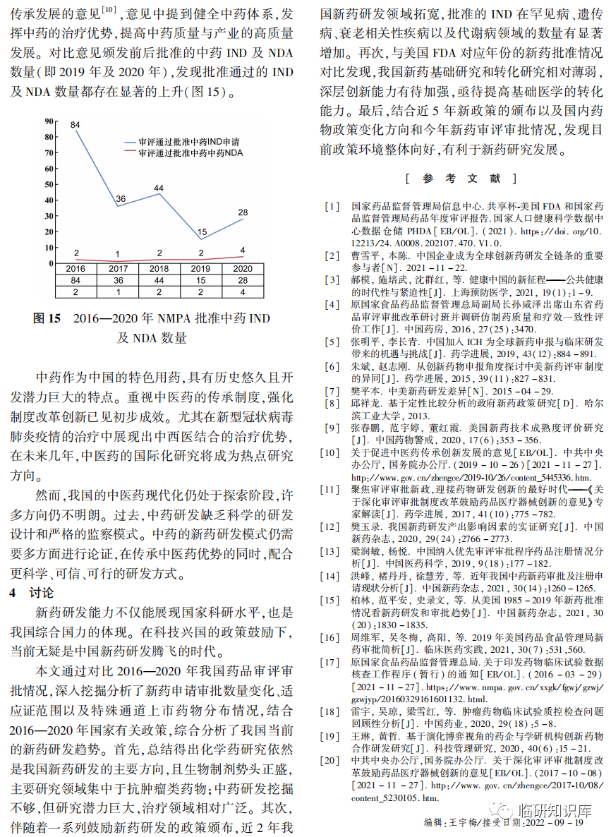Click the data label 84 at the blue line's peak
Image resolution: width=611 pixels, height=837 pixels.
pyautogui.click(x=75, y=124)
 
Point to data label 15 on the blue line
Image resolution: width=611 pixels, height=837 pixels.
pyautogui.click(x=202, y=232)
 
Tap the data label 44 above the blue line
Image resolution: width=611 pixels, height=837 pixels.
pyautogui.click(x=159, y=188)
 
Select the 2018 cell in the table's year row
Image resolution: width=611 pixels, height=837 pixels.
pyautogui.click(x=159, y=269)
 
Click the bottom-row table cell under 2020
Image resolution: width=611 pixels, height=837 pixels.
pyautogui.click(x=243, y=291)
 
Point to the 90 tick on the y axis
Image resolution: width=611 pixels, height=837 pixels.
pyautogui.click(x=49, y=120)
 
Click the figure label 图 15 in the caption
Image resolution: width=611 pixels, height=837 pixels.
pyautogui.click(x=48, y=319)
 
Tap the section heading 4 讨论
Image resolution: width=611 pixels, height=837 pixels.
pyautogui.click(x=31, y=593)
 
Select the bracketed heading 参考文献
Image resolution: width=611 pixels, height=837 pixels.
pyautogui.click(x=461, y=179)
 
